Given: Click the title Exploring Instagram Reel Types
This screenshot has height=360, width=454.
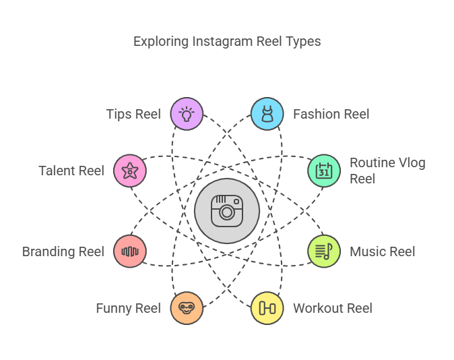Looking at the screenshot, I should click(227, 41).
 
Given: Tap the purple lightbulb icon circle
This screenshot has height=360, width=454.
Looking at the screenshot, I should click(187, 114).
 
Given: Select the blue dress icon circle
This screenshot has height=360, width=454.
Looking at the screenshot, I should click(267, 114).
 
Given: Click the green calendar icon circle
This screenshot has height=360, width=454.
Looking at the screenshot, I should click(324, 171).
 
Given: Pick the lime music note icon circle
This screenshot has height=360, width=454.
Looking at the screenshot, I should click(324, 251).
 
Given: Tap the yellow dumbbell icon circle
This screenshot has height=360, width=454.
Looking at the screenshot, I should click(267, 308).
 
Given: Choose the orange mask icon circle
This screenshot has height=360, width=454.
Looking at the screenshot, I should click(187, 308).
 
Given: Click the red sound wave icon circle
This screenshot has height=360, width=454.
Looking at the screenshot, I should click(130, 251).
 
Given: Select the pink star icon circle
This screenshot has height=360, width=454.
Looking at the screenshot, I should click(130, 171).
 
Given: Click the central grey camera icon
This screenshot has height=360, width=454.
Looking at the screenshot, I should click(227, 211).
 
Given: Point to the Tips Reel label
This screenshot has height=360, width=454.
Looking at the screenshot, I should click(133, 114).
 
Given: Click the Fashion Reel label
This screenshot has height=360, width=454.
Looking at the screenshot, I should click(331, 114).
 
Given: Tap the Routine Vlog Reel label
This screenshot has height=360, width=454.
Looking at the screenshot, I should click(387, 171).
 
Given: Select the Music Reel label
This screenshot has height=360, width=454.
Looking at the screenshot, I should click(383, 251).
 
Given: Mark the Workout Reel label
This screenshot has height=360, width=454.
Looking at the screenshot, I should click(333, 308).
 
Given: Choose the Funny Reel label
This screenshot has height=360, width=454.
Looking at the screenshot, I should click(129, 308).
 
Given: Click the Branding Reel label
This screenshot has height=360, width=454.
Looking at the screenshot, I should click(63, 251).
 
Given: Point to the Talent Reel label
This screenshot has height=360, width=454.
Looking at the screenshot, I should click(71, 171).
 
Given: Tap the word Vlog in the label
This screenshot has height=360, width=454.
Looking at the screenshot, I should click(412, 163).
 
